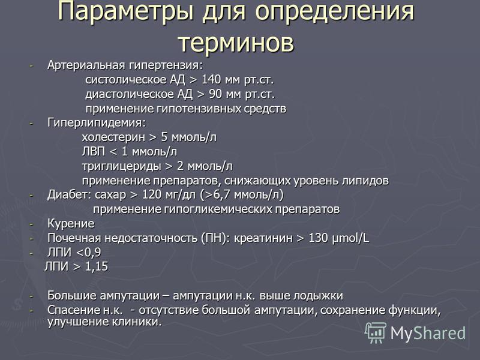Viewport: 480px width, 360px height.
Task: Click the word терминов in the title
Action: [x=236, y=43]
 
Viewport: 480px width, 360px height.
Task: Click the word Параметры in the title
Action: [x=125, y=12]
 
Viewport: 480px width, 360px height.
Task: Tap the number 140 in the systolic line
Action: [x=211, y=80]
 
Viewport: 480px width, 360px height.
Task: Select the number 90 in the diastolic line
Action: [x=215, y=94]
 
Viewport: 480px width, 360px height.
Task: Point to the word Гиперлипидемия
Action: [x=97, y=123]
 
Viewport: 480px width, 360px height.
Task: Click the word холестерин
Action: [x=113, y=137]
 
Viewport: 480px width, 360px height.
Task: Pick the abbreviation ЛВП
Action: [x=94, y=152]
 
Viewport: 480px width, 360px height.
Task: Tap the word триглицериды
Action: [x=122, y=166]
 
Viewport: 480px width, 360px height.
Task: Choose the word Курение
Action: [x=71, y=224]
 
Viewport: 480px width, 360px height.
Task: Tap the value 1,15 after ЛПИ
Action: [x=97, y=266]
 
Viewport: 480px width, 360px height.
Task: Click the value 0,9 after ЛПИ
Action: [x=92, y=253]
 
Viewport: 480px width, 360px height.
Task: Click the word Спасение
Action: [x=73, y=310]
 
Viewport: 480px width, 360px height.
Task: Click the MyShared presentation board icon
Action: [x=376, y=332]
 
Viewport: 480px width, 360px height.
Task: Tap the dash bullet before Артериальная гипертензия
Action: [x=31, y=66]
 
